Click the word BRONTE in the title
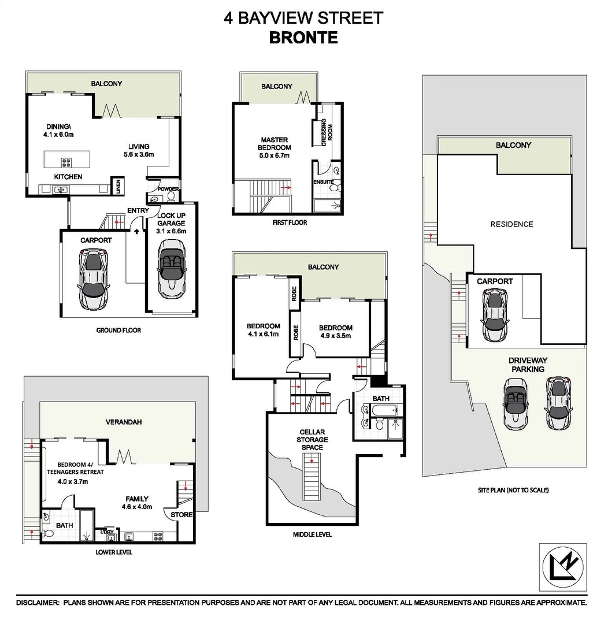coord(303,38)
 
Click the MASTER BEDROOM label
coord(275,147)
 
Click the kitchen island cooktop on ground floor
coord(66,162)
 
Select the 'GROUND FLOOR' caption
coord(118,330)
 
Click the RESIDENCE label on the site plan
coord(511,224)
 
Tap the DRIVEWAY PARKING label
coord(528,365)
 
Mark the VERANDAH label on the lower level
coord(123,422)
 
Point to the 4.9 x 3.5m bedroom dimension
coord(336,336)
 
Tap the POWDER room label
coord(168,189)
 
